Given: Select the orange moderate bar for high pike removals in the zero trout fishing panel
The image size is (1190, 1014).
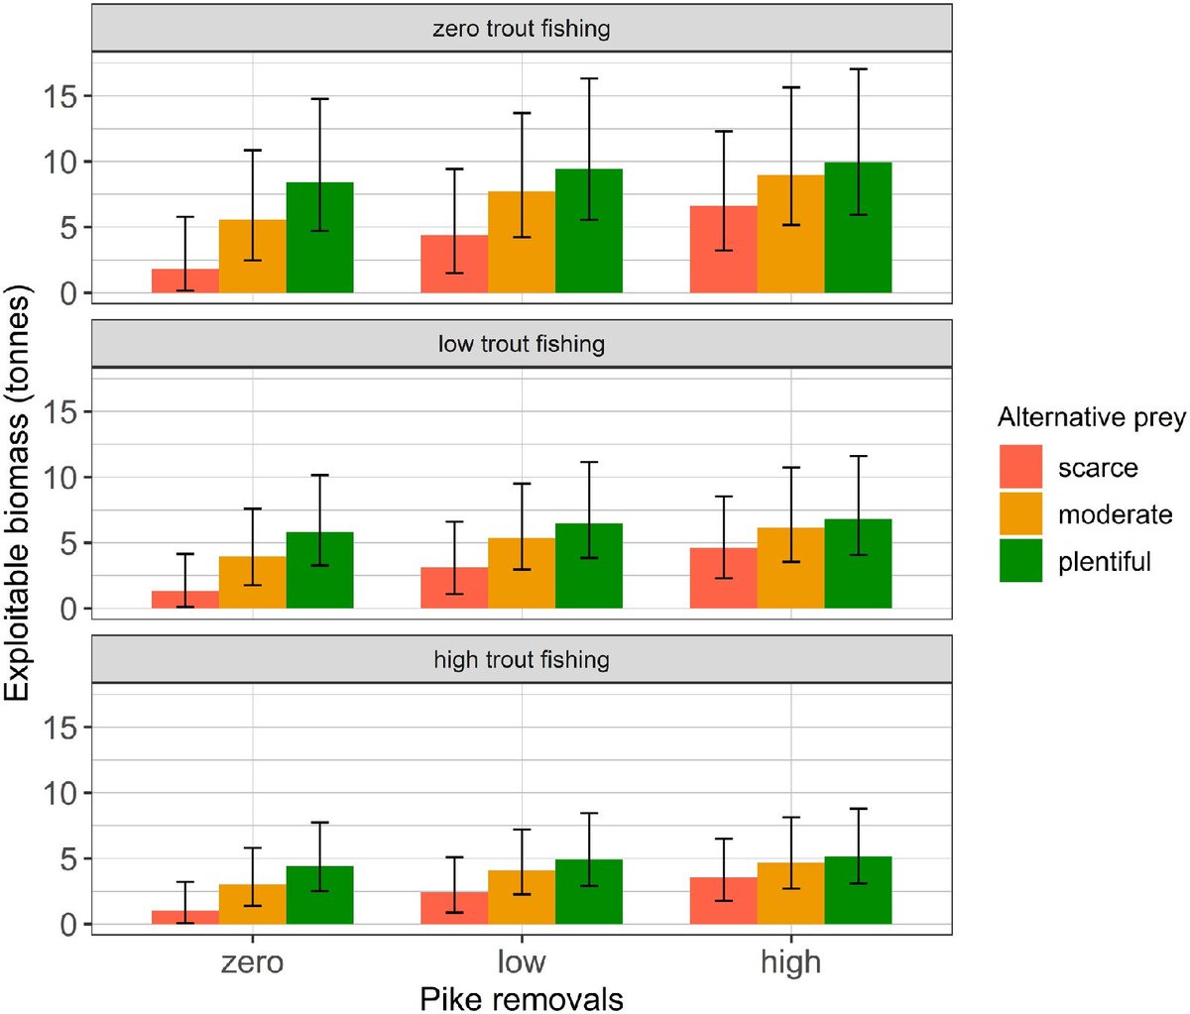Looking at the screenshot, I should [790, 234].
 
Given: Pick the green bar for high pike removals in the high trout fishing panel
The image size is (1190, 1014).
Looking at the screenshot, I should [858, 890].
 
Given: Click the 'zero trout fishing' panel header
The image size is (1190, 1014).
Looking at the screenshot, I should [522, 29].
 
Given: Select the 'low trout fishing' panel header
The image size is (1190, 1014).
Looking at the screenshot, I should [522, 345].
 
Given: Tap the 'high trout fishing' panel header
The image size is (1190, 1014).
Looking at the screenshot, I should [522, 660].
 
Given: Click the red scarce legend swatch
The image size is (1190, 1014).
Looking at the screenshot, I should [1020, 467].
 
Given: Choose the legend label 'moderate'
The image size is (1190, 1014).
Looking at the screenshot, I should [1115, 514].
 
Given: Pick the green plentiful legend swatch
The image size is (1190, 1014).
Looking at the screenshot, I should [1020, 560].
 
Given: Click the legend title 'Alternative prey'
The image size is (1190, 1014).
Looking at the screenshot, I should [1091, 418].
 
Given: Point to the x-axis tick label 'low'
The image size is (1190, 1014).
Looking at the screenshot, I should [522, 962].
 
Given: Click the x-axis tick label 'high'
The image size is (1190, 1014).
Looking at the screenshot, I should [790, 962].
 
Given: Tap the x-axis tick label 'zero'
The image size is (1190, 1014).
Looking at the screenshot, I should [252, 962].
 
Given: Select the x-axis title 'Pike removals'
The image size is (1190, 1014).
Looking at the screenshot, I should [522, 998].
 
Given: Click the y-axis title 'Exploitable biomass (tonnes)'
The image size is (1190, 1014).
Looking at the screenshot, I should [18, 493].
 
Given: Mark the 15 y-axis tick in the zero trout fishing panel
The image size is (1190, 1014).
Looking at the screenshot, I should [60, 96].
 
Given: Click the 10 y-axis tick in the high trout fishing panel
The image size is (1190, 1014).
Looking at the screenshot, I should [60, 793].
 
